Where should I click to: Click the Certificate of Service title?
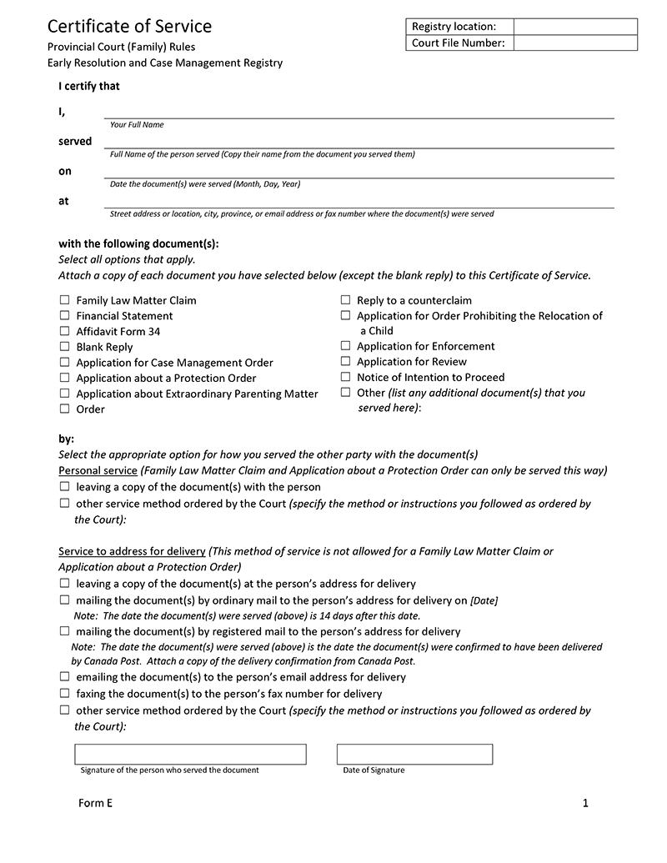(129, 27)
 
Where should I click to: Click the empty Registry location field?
(574, 27)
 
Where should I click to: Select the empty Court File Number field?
(574, 43)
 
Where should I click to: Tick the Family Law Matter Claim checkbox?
(64, 300)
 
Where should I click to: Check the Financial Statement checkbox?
(64, 316)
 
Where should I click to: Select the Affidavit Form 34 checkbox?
(64, 331)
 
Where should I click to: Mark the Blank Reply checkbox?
(64, 347)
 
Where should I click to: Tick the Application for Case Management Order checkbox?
(64, 363)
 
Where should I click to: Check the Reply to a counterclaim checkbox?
(345, 300)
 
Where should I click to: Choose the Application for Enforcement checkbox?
(345, 346)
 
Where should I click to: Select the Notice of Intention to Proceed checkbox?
(345, 377)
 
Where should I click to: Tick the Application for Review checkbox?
(345, 362)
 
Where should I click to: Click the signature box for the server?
(190, 754)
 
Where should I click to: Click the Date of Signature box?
(414, 754)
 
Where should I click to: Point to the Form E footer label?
(95, 803)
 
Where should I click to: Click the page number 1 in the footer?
(585, 803)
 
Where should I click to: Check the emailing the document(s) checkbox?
(64, 678)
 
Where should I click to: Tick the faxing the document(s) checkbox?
(64, 694)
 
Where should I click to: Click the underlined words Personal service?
(98, 471)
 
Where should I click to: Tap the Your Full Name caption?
(137, 125)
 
